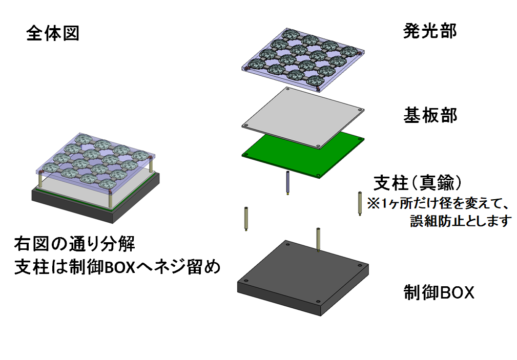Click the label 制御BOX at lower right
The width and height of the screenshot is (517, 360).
click(439, 293)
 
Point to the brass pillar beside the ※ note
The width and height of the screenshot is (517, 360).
click(358, 203)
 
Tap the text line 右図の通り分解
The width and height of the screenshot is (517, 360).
click(74, 244)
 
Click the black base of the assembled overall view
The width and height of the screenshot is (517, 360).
click(97, 202)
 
